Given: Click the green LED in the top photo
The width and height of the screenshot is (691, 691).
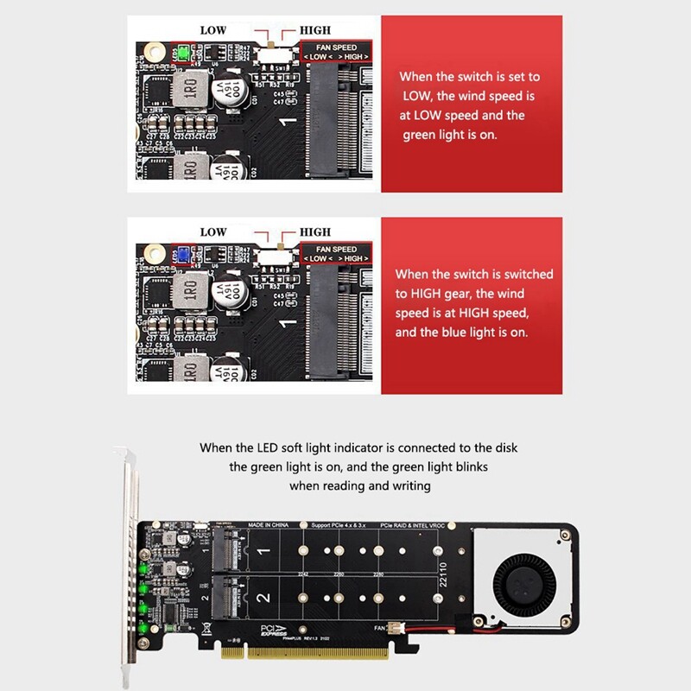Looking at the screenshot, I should point(182,53).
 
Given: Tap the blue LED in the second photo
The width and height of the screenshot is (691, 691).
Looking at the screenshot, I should point(182,256).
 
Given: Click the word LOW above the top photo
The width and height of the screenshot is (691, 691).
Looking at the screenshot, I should point(213,30).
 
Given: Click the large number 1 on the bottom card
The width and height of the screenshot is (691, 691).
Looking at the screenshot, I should point(264,550).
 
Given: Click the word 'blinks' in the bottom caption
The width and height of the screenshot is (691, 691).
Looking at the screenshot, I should point(497,467).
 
